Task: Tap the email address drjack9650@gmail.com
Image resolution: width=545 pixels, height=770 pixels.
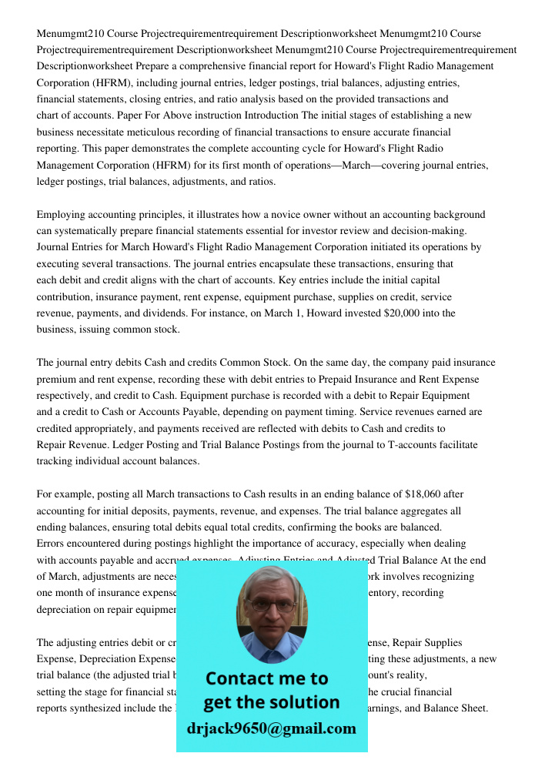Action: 272,728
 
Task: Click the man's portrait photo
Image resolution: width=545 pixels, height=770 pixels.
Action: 272,614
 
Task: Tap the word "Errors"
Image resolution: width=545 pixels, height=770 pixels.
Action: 52,544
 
